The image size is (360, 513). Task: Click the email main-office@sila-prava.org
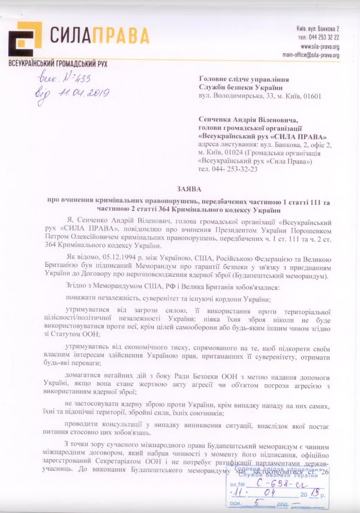(x=311, y=55)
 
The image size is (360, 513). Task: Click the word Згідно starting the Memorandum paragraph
(x=77, y=288)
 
